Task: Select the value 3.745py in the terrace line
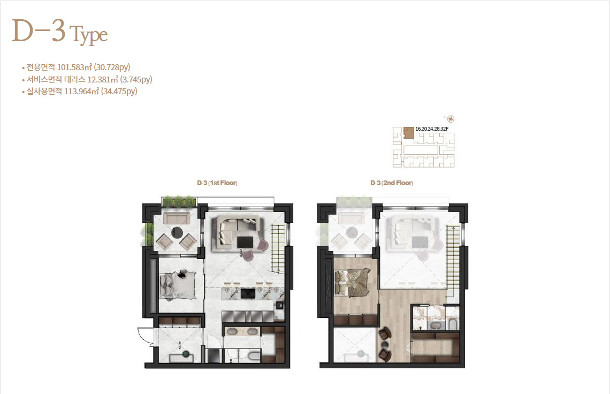coord(136,79)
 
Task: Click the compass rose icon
coord(451,119)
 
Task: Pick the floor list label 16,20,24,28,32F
coord(432,128)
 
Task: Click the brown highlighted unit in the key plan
coord(408,132)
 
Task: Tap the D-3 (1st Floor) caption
coord(217,183)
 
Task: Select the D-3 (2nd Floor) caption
coord(392,183)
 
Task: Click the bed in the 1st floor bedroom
coord(178,285)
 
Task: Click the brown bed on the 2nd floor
coord(352,283)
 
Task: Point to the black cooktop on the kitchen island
coord(248,293)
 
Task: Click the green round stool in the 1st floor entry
coord(187,353)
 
